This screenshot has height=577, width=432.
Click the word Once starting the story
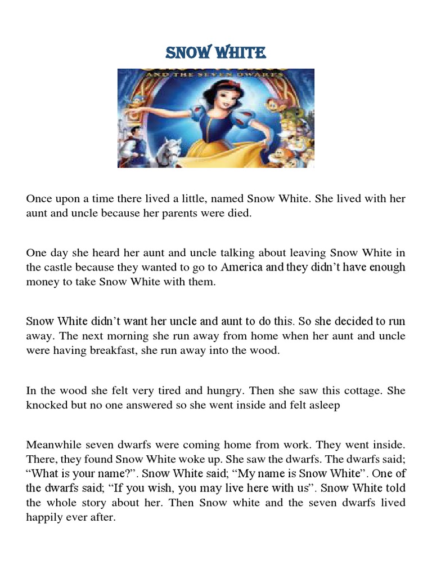click(x=39, y=199)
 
